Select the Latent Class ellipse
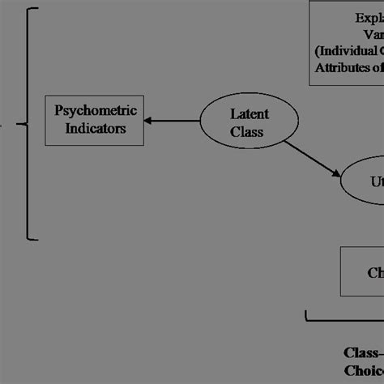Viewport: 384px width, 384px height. click(x=243, y=122)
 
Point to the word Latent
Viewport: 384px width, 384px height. click(x=247, y=113)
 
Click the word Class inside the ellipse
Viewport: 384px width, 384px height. click(x=245, y=131)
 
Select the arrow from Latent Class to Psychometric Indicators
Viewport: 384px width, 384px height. click(x=175, y=122)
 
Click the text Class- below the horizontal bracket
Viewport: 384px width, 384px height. click(x=363, y=353)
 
